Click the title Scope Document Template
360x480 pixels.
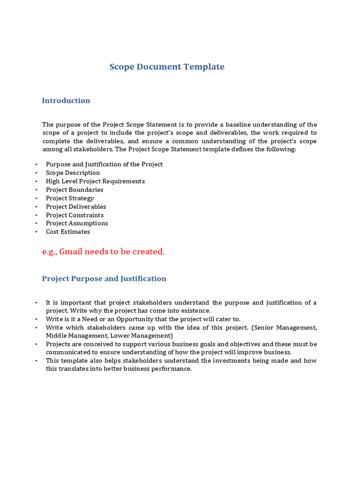167,67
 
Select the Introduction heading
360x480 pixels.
66,100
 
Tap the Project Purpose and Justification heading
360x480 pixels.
104,278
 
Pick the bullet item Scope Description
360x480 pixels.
73,173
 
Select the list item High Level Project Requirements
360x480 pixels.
95,181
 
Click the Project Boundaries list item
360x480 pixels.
75,190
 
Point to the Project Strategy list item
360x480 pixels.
70,198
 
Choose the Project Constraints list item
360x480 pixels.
75,215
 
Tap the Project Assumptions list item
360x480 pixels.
77,223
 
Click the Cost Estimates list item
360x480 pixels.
68,232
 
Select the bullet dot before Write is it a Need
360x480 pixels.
36,319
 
